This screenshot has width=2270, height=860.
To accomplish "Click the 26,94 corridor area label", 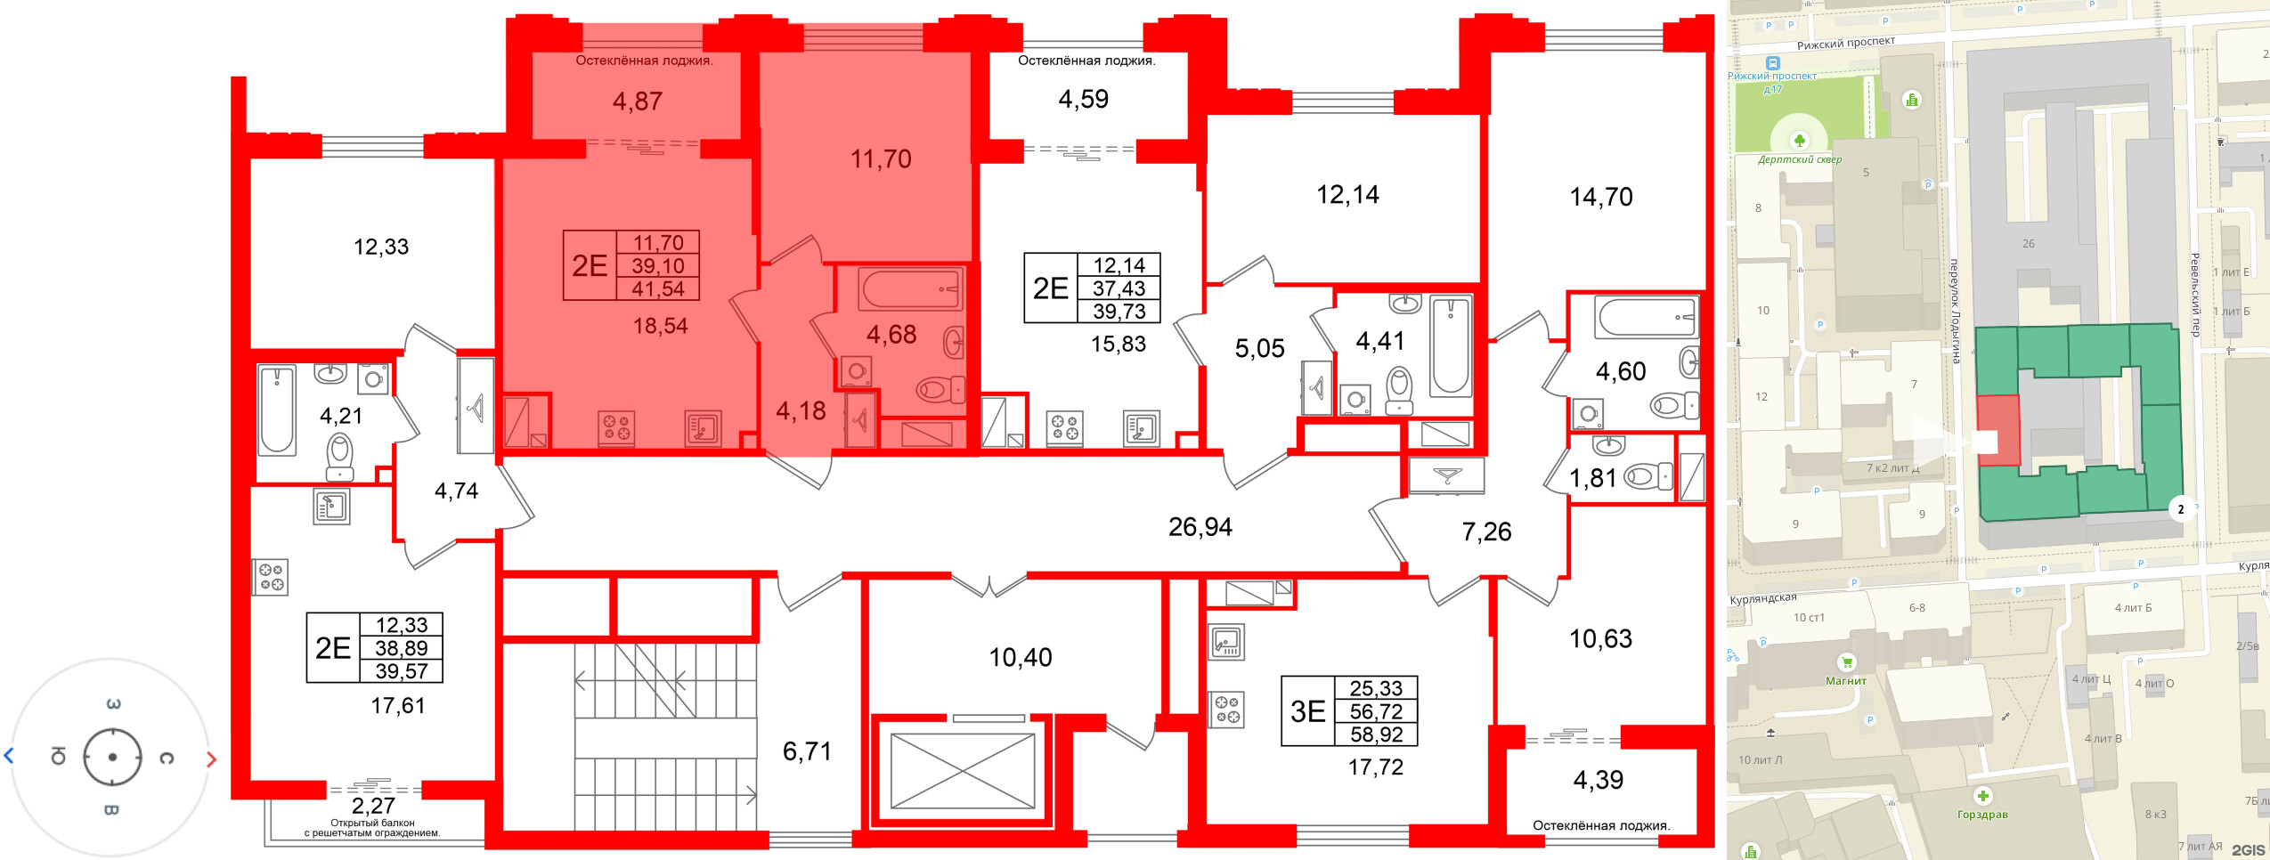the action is [1200, 527].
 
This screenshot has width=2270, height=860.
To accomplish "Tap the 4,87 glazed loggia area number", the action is [637, 101].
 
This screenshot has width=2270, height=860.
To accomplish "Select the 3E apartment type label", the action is [1307, 710].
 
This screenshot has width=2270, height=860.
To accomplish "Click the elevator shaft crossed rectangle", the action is [962, 770].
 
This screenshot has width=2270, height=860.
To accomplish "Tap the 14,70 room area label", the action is [1600, 197].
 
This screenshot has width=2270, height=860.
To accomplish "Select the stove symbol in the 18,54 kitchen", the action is [615, 427].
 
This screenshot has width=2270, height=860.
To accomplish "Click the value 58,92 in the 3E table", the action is [1376, 734].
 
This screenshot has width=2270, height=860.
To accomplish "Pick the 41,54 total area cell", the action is [658, 288].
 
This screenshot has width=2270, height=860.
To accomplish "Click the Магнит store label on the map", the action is [1845, 681].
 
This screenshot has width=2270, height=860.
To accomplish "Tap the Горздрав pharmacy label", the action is [1982, 815].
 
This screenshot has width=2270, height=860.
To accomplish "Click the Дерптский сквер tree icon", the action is [1800, 141].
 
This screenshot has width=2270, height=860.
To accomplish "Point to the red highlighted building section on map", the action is [1997, 430].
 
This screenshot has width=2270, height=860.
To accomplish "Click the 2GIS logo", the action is [2248, 850].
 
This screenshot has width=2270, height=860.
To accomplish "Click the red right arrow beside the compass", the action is [211, 759].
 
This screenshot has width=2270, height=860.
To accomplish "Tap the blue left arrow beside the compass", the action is [9, 756].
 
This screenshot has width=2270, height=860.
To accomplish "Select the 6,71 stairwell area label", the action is [807, 751].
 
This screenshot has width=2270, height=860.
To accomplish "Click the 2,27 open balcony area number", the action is [372, 806].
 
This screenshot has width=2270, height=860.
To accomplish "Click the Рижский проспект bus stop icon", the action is [1773, 63].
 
